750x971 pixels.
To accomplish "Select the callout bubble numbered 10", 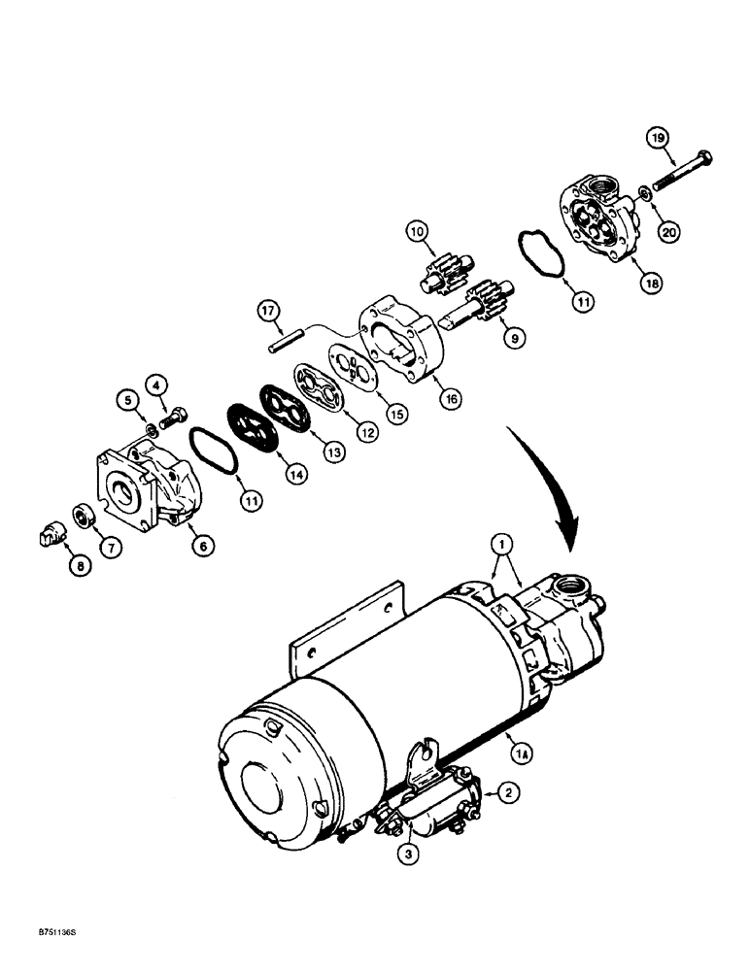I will (x=417, y=233).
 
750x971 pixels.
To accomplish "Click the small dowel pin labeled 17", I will (x=284, y=341).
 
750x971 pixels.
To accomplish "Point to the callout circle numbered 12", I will (x=365, y=433).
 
